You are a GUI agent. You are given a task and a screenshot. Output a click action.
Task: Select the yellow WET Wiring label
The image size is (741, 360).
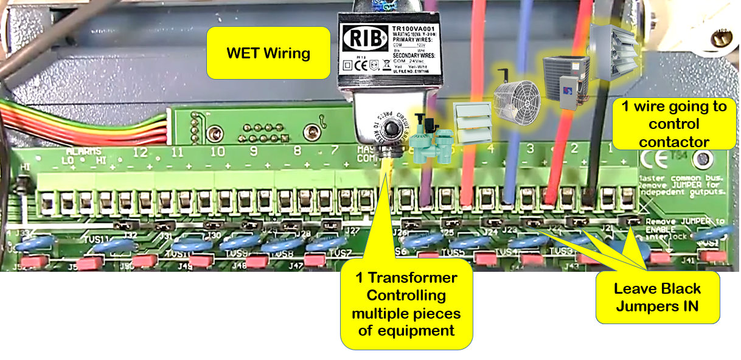pos(268,53)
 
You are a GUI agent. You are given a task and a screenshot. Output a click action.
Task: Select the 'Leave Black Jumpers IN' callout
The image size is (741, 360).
pos(657,297)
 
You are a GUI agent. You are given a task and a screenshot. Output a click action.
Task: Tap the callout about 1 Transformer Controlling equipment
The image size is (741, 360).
pos(406,304)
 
